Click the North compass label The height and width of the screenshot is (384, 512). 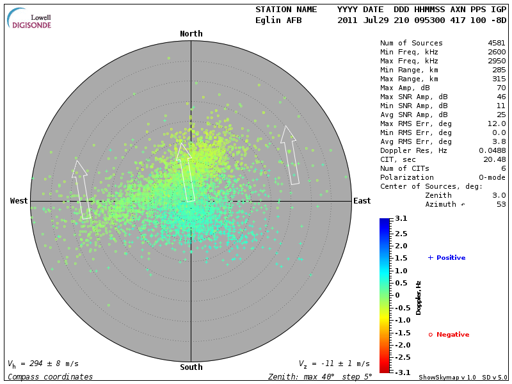[x=191, y=34]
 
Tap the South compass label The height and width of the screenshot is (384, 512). [x=191, y=367]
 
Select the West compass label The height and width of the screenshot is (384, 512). [x=19, y=201]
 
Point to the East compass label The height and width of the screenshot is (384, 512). [x=362, y=201]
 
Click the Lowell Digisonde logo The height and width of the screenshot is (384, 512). [x=29, y=19]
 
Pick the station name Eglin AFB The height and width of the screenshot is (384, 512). [x=278, y=20]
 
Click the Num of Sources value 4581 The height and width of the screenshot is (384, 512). [x=497, y=43]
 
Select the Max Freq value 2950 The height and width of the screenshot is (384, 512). [x=497, y=61]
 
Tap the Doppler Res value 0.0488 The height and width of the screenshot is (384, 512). [x=492, y=150]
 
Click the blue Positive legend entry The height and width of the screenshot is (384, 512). [x=447, y=258]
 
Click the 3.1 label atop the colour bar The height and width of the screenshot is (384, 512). [x=401, y=219]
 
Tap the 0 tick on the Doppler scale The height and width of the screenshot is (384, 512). [x=397, y=295]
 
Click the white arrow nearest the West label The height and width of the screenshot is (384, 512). [x=82, y=190]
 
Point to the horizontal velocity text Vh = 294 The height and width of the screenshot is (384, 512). [x=43, y=364]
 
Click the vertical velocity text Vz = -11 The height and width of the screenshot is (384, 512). [x=333, y=364]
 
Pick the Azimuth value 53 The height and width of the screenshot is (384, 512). [x=501, y=204]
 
